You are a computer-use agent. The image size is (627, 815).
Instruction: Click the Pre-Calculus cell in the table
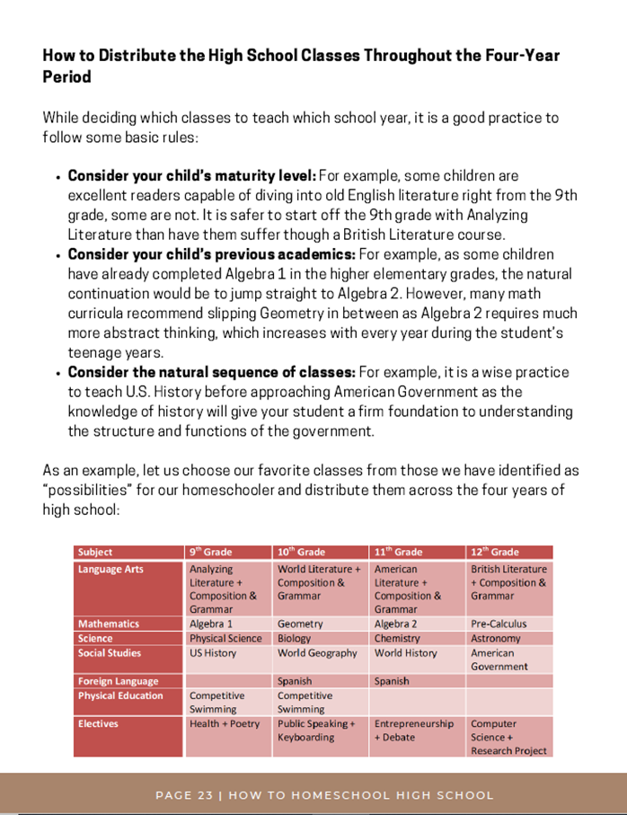499,624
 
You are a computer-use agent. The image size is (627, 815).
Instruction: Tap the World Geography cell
317,653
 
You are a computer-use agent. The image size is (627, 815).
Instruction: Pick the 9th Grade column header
210,552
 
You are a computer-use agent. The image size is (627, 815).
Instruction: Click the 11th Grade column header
398,552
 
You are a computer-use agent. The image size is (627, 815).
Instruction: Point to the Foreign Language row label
118,681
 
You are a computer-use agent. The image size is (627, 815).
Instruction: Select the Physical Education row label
120,695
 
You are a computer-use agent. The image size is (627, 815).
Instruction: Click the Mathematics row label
109,624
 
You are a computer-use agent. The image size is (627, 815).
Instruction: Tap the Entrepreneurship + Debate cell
414,731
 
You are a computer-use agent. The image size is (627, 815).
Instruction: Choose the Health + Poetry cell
225,723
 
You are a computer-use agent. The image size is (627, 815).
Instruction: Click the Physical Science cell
225,639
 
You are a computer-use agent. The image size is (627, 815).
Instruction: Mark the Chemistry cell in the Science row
397,639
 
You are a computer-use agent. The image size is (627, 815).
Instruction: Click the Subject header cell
95,552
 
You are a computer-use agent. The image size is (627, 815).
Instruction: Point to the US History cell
213,653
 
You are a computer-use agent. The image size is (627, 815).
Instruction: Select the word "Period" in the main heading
66,77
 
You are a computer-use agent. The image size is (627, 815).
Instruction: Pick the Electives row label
98,723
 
